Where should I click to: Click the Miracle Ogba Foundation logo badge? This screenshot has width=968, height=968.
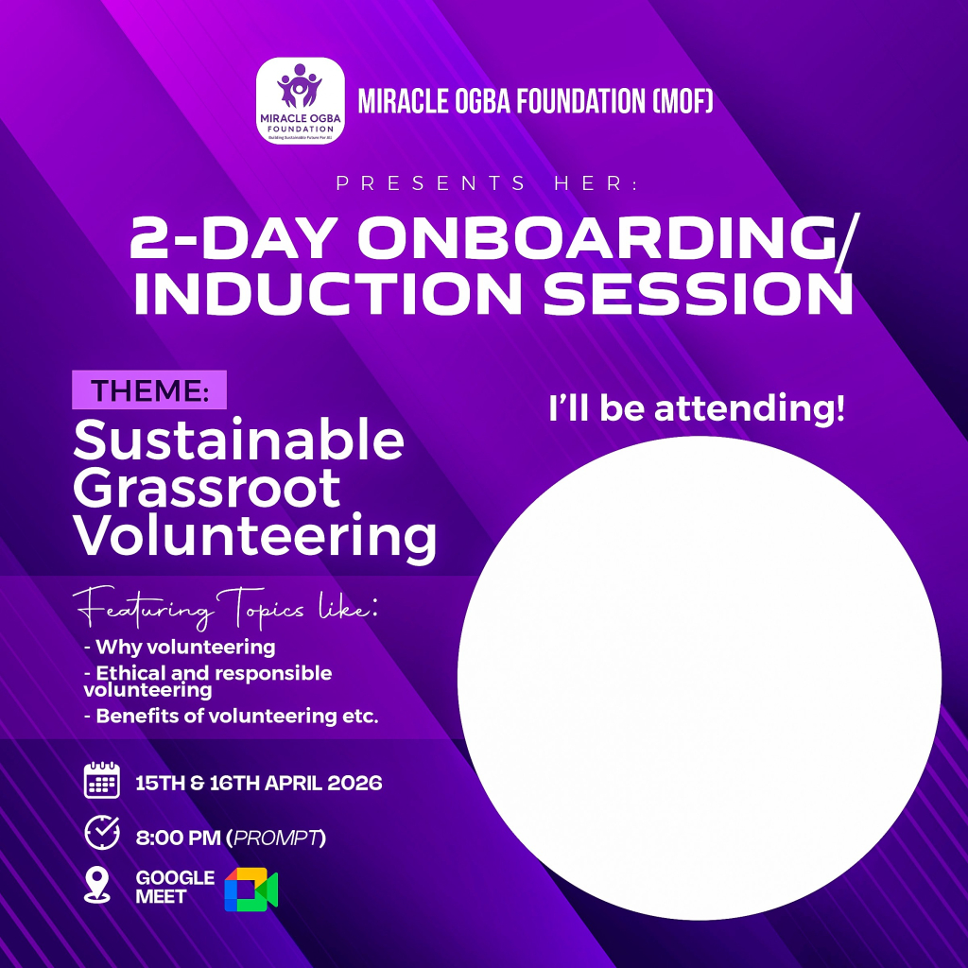pos(300,101)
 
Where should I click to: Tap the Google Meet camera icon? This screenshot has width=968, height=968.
pos(251,890)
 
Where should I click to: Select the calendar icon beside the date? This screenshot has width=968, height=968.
pos(102,780)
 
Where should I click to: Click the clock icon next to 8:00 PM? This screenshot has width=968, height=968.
pos(102,833)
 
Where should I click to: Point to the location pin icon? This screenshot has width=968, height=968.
pos(97,885)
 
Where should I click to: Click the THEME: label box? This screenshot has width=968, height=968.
pos(149,389)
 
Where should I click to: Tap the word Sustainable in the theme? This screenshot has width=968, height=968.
pos(239,440)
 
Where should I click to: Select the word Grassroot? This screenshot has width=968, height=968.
pos(207,488)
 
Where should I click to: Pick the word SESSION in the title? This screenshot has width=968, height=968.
pos(699,293)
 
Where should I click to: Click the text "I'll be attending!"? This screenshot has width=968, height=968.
pos(697,408)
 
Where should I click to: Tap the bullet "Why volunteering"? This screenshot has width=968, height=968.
pos(180,647)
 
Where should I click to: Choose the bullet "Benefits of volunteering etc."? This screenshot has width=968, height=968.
pos(231,717)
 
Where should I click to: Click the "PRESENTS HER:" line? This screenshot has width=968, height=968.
pos(488,183)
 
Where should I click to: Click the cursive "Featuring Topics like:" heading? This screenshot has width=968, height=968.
pos(225,608)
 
